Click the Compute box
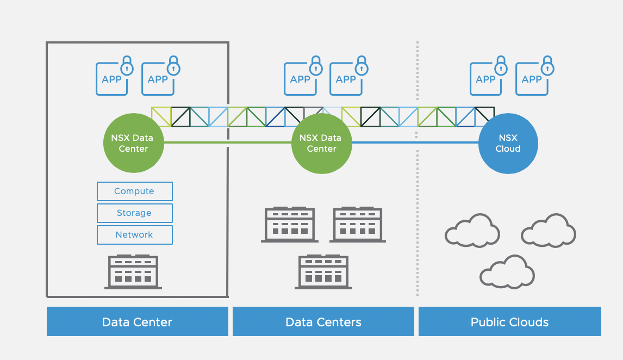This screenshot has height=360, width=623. click(x=134, y=191)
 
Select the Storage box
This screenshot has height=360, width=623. click(x=134, y=213)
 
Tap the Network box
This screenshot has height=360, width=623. click(x=134, y=235)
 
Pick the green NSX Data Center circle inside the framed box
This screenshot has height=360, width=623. click(x=133, y=144)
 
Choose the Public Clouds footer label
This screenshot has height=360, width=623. click(x=509, y=322)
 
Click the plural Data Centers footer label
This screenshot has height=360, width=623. click(x=323, y=322)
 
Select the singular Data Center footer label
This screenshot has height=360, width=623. click(x=137, y=322)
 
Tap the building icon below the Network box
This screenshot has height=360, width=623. click(x=133, y=272)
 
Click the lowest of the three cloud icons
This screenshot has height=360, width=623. click(x=507, y=271)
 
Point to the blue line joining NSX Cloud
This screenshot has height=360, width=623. click(x=415, y=142)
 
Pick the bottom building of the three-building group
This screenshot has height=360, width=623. click(x=323, y=272)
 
